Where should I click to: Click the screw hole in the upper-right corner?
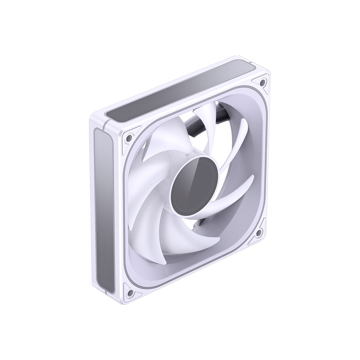tap(263, 82)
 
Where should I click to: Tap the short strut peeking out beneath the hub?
tap(201, 222)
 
